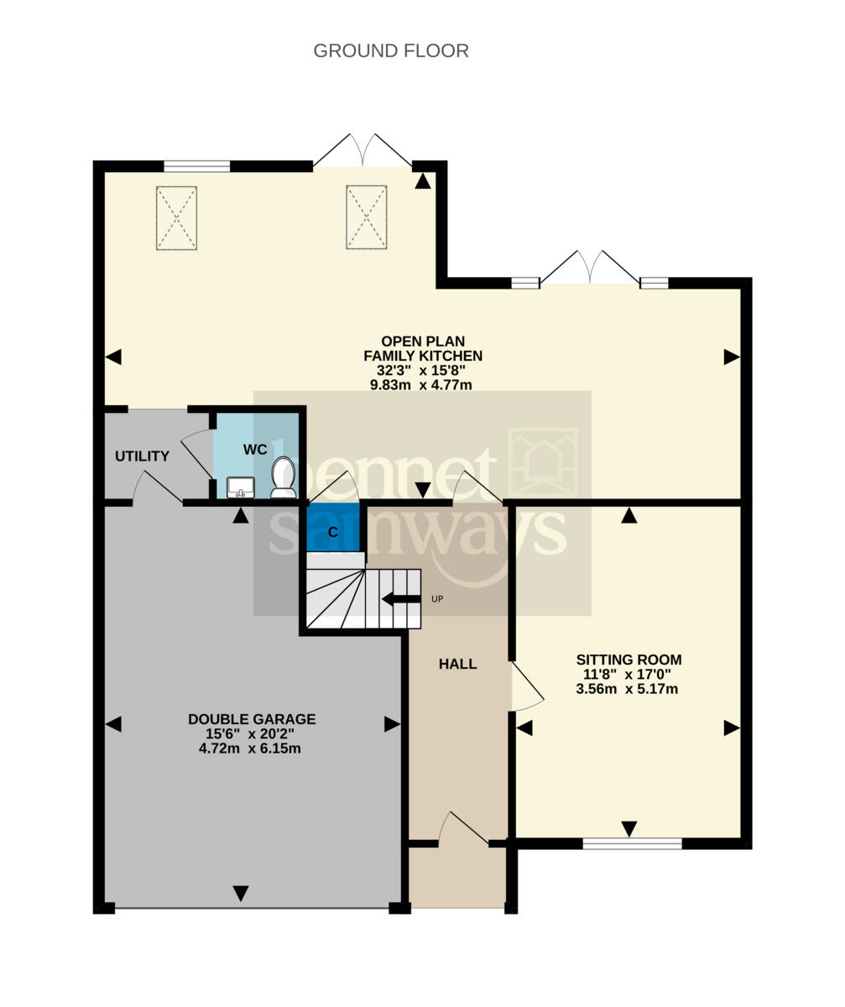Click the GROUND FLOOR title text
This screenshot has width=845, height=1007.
tap(391, 50)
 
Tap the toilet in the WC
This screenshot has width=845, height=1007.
tap(283, 477)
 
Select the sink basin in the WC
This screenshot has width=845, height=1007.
tap(241, 487)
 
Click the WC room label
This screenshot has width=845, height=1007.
tap(255, 450)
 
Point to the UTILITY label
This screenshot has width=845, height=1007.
tap(143, 456)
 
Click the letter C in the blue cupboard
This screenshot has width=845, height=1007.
tap(333, 532)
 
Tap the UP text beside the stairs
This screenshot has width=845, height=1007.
tap(437, 599)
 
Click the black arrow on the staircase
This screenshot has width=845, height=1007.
tap(401, 599)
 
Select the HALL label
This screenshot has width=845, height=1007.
tap(457, 664)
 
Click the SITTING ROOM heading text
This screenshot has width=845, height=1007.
tap(629, 660)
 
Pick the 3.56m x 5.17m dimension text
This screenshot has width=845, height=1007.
tap(627, 689)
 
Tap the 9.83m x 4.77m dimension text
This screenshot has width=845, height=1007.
tap(421, 385)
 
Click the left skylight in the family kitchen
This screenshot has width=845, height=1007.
tap(176, 218)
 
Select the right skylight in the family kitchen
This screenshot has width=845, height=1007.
tap(367, 217)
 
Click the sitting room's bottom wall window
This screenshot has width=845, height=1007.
tap(633, 843)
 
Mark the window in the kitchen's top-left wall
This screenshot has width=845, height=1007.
tap(197, 166)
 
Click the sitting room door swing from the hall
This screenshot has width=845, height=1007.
tap(528, 686)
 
